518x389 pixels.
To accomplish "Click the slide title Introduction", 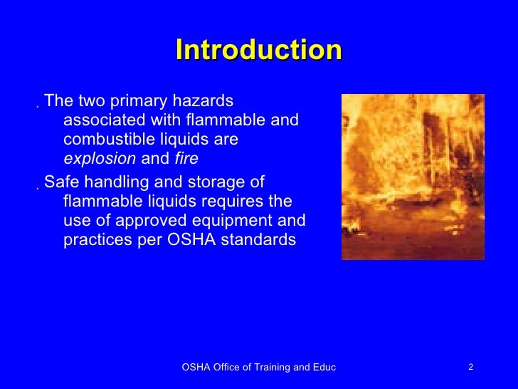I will pos(258,51).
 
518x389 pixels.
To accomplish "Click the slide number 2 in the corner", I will pos(470,367).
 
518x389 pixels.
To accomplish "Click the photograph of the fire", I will pos(413,177).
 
